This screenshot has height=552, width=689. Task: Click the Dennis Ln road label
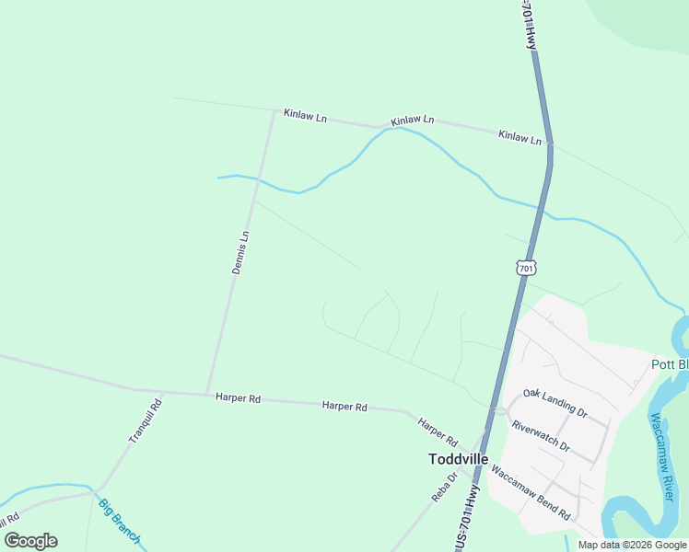point(241,252)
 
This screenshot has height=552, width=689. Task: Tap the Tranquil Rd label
point(146,422)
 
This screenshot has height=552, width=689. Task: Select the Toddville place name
point(458,458)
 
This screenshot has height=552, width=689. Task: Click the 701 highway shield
point(525,268)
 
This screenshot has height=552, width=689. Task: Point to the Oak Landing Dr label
point(555,403)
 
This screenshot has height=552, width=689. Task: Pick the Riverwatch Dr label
point(541,438)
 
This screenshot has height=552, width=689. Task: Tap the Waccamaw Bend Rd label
point(531,493)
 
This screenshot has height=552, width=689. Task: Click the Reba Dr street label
point(445,487)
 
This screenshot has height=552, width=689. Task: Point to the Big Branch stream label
point(121,522)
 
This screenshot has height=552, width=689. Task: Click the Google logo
point(30,541)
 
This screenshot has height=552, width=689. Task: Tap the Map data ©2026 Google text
point(632,545)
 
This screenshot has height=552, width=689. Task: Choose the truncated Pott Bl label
point(670,363)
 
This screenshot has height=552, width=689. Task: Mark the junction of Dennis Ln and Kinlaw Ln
point(274,113)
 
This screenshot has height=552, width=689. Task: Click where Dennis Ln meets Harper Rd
point(207,394)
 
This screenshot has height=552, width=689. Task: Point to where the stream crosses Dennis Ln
point(257,179)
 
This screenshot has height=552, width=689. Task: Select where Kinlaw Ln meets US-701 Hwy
point(550,144)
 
